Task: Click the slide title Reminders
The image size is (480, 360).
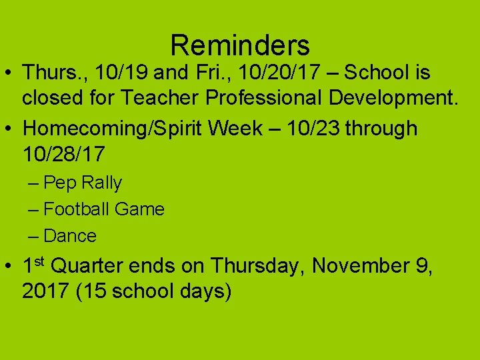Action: click(x=240, y=45)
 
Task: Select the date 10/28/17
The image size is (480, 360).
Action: click(x=63, y=154)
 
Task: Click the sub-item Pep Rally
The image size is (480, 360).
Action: click(x=83, y=183)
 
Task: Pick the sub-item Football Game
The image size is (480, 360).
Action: click(x=103, y=209)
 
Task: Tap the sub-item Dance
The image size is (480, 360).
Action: click(x=69, y=236)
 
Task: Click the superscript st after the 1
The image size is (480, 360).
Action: click(x=40, y=260)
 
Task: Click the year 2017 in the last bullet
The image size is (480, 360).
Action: click(x=45, y=293)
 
